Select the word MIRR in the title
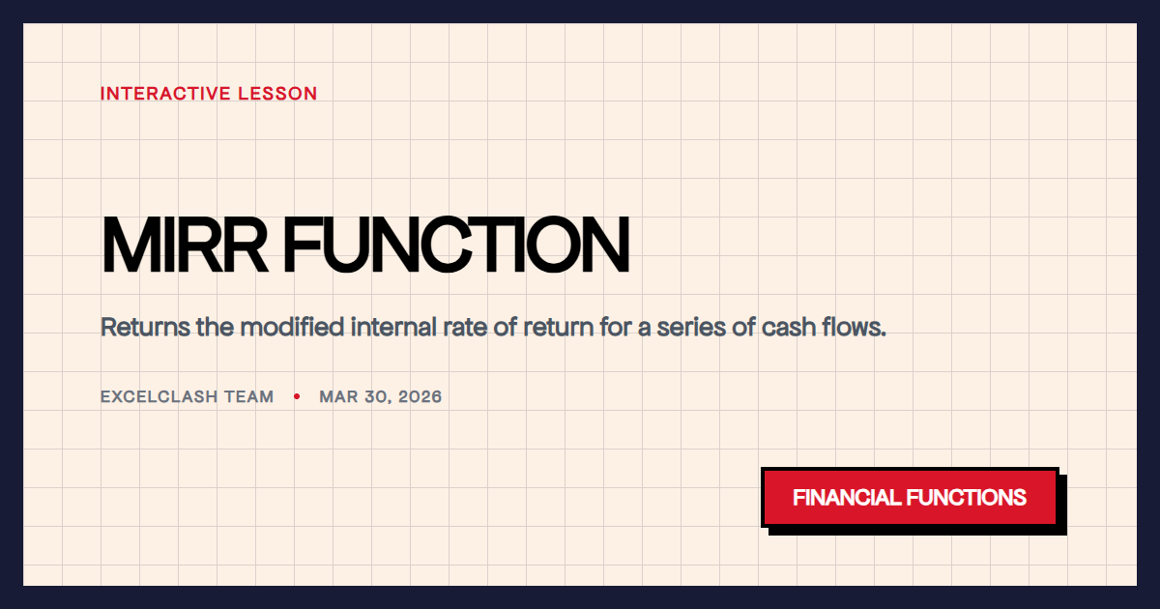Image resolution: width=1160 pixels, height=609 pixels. tap(185, 246)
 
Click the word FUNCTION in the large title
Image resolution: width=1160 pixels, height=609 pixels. tap(455, 246)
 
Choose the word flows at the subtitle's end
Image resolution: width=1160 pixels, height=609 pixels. tap(855, 327)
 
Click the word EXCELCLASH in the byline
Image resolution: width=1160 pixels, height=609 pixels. tap(160, 397)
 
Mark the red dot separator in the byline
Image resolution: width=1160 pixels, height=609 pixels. tap(297, 397)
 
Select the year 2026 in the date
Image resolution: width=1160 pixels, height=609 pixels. tap(420, 397)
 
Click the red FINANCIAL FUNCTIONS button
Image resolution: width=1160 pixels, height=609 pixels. tap(910, 498)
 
